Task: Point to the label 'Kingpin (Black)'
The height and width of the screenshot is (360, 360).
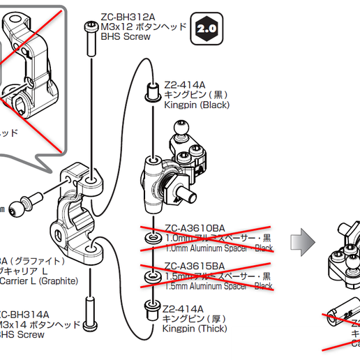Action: tap(196, 105)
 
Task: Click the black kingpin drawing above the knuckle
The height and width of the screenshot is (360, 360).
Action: tap(151, 91)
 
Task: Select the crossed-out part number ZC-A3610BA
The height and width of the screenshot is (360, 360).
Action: tap(195, 227)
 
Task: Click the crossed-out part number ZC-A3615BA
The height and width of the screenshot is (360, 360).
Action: tap(195, 266)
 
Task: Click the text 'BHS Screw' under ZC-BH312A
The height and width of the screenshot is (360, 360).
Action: tap(126, 37)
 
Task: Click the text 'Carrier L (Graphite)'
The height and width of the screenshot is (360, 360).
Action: tap(38, 282)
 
